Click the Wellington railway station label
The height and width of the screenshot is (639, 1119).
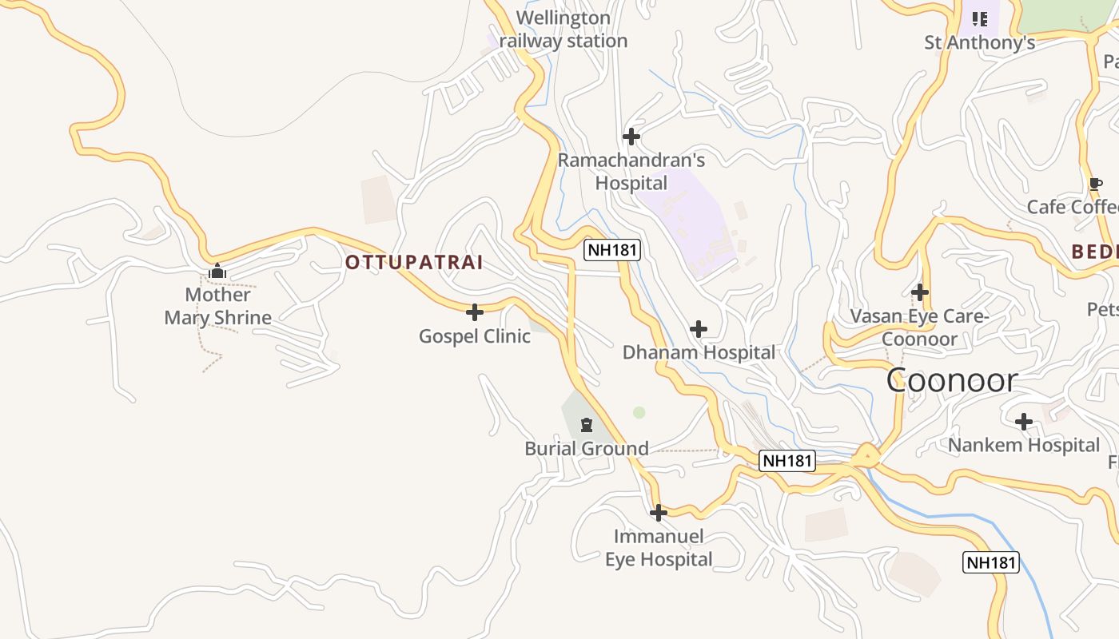tap(563, 30)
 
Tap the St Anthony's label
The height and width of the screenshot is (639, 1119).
tap(980, 43)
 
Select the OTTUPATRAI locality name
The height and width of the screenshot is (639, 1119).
tap(414, 263)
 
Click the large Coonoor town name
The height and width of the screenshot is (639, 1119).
tap(952, 380)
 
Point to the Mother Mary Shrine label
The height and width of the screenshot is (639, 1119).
tap(218, 306)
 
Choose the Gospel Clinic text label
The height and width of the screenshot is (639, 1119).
tap(475, 336)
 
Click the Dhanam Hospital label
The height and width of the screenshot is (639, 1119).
tap(699, 352)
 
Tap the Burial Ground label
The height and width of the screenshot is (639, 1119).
tap(587, 449)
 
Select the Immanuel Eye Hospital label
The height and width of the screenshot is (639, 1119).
tap(659, 548)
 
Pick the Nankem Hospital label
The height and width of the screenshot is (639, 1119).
tap(1024, 445)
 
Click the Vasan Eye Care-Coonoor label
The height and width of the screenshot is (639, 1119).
tap(920, 327)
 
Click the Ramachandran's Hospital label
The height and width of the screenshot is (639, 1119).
tap(631, 172)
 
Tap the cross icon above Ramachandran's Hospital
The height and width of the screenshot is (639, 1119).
tap(631, 137)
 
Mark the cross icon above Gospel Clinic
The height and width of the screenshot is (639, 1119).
tap(475, 312)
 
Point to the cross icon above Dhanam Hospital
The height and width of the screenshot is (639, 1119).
tap(699, 329)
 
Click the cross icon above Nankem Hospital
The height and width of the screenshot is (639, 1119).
tap(1024, 422)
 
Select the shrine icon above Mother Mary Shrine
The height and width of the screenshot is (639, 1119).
tap(217, 272)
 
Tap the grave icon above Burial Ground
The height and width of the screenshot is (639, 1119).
tap(587, 424)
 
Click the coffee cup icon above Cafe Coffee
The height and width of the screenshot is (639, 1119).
tap(1096, 185)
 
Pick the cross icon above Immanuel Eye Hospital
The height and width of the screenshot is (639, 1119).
tap(659, 513)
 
